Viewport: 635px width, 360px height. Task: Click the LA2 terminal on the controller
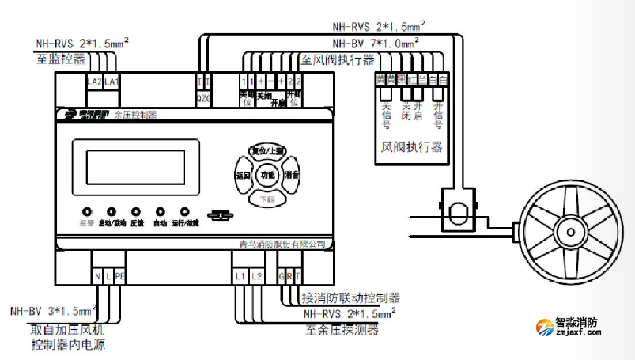coord(93,81)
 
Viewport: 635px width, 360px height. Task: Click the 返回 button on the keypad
coord(243,174)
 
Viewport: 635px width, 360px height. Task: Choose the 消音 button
coord(292,174)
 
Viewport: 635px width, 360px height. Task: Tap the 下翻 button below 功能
coord(267,199)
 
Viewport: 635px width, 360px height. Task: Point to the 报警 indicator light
coord(87,212)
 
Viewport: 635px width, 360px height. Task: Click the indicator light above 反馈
coord(136,212)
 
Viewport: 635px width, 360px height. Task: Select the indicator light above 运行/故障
coord(185,212)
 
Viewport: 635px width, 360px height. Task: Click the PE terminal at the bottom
coord(119,275)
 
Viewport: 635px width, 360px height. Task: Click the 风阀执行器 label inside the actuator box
coord(412,147)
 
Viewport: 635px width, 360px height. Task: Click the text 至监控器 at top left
coord(60,58)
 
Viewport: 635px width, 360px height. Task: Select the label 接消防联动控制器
coord(350,298)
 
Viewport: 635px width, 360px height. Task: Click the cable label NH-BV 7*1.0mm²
coord(376,44)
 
